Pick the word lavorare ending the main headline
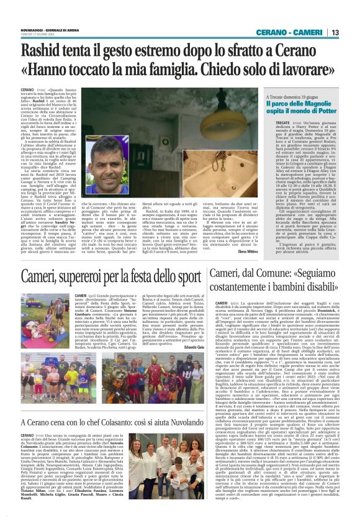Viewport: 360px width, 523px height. click(x=312, y=70)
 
